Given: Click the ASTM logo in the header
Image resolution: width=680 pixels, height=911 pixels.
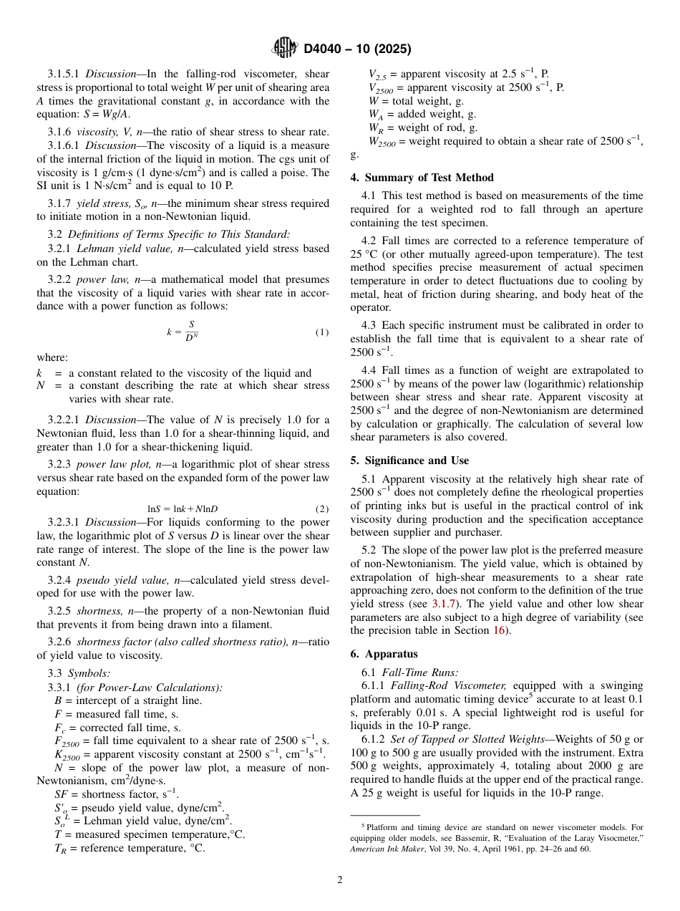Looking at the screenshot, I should pyautogui.click(x=285, y=49).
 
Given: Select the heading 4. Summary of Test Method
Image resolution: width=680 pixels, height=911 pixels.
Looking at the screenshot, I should pyautogui.click(x=422, y=178).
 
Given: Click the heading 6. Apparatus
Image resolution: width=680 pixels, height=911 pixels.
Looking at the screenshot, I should pyautogui.click(x=384, y=654).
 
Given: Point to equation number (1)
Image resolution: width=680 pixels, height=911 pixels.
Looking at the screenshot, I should pyautogui.click(x=322, y=332).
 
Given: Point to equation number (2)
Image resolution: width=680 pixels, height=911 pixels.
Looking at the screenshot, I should pyautogui.click(x=322, y=508).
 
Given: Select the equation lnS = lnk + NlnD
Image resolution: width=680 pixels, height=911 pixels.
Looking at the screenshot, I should pyautogui.click(x=183, y=508).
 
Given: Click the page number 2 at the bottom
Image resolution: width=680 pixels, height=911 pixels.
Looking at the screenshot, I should pyautogui.click(x=340, y=880).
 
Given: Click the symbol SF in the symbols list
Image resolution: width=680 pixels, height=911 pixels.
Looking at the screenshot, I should pyautogui.click(x=62, y=794).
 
